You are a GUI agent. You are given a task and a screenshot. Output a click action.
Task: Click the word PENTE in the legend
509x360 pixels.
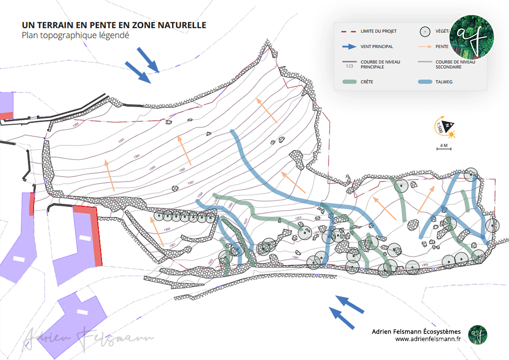[442, 47]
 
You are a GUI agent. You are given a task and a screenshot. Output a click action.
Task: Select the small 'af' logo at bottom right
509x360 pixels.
[477, 334]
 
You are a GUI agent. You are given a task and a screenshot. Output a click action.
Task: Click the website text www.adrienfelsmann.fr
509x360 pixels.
[428, 339]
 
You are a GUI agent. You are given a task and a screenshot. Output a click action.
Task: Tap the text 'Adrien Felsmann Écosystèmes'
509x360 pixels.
[417, 331]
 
